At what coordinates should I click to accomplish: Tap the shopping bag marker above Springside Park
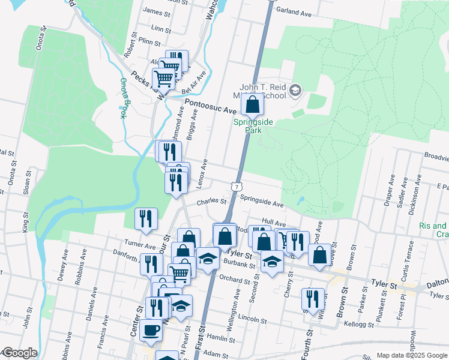253,104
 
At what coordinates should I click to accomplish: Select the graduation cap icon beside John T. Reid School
295,91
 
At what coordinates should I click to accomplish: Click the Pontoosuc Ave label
211,107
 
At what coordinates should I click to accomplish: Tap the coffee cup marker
151,329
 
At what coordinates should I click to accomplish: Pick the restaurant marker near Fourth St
312,299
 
